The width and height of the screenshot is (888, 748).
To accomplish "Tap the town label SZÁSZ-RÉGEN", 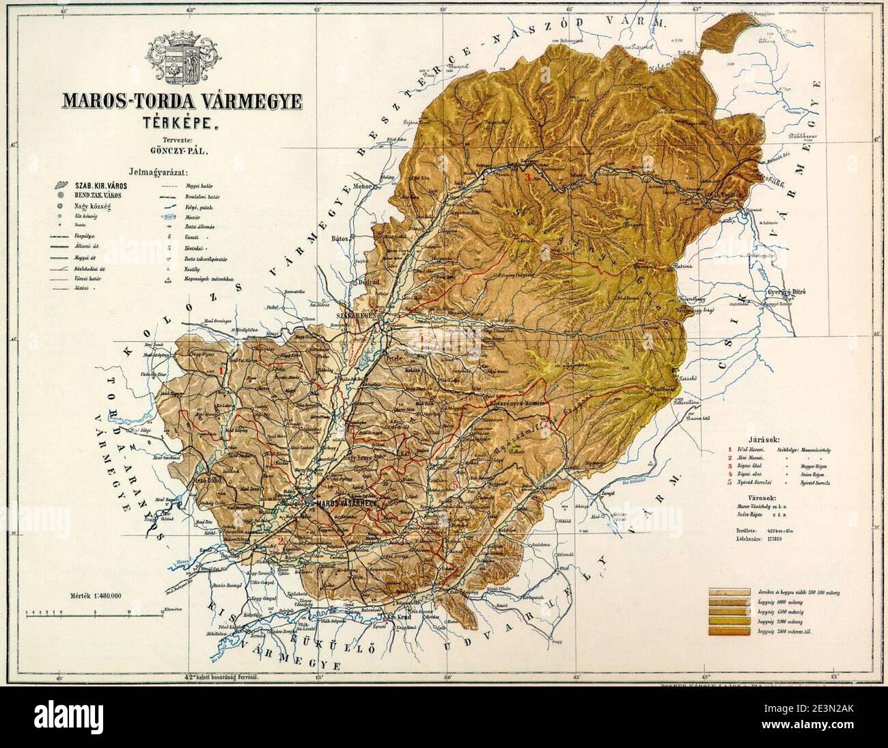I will tap(356, 317).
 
